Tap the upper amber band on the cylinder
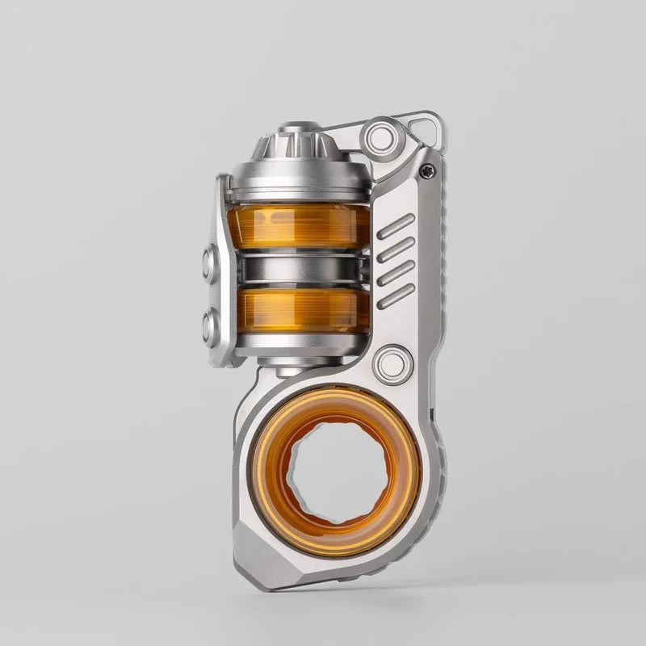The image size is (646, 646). [x=298, y=225]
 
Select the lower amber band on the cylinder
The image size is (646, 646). [x=298, y=311]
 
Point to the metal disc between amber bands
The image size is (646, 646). [x=298, y=269]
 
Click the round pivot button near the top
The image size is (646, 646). [x=380, y=136]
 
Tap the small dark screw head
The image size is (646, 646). [x=427, y=170]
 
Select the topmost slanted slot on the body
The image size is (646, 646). [x=396, y=226]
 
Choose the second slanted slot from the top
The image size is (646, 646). [x=396, y=250]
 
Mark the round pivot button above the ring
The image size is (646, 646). [x=393, y=363]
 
